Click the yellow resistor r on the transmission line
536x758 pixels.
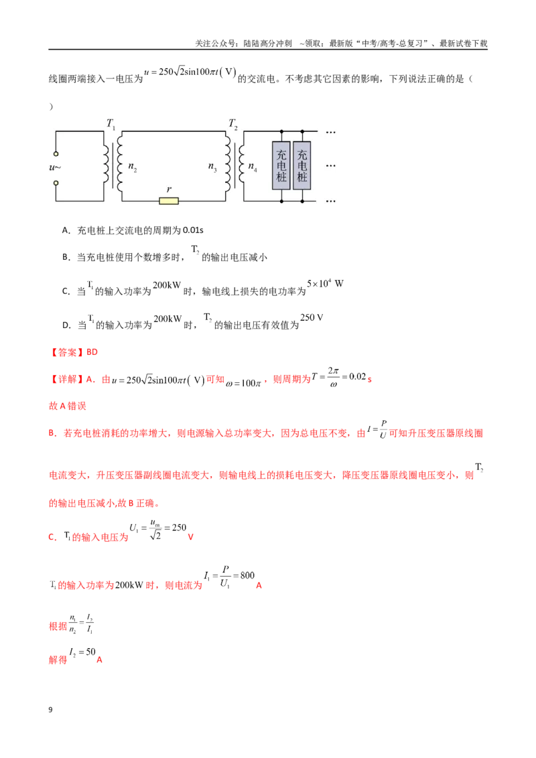pyautogui.click(x=169, y=201)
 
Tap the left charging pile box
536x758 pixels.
pyautogui.click(x=281, y=165)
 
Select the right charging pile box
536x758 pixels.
pyautogui.click(x=302, y=165)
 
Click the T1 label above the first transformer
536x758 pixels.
pyautogui.click(x=111, y=124)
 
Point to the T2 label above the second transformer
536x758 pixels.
pyautogui.click(x=233, y=124)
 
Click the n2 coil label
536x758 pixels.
pyautogui.click(x=133, y=167)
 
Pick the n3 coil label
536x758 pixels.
pyautogui.click(x=212, y=167)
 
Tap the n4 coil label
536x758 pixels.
pyautogui.click(x=253, y=167)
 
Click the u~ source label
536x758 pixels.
pyautogui.click(x=55, y=168)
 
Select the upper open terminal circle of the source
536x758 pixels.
pyautogui.click(x=56, y=154)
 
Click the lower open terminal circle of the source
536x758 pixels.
pyautogui.click(x=56, y=183)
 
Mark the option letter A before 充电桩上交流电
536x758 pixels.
pyautogui.click(x=66, y=230)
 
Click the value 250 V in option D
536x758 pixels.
pyautogui.click(x=312, y=317)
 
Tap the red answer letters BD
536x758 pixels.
pyautogui.click(x=92, y=352)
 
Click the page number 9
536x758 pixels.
pyautogui.click(x=50, y=709)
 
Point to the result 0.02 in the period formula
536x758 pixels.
pyautogui.click(x=357, y=376)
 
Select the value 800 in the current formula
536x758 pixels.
pyautogui.click(x=247, y=575)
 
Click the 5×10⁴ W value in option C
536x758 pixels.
pyautogui.click(x=325, y=283)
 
